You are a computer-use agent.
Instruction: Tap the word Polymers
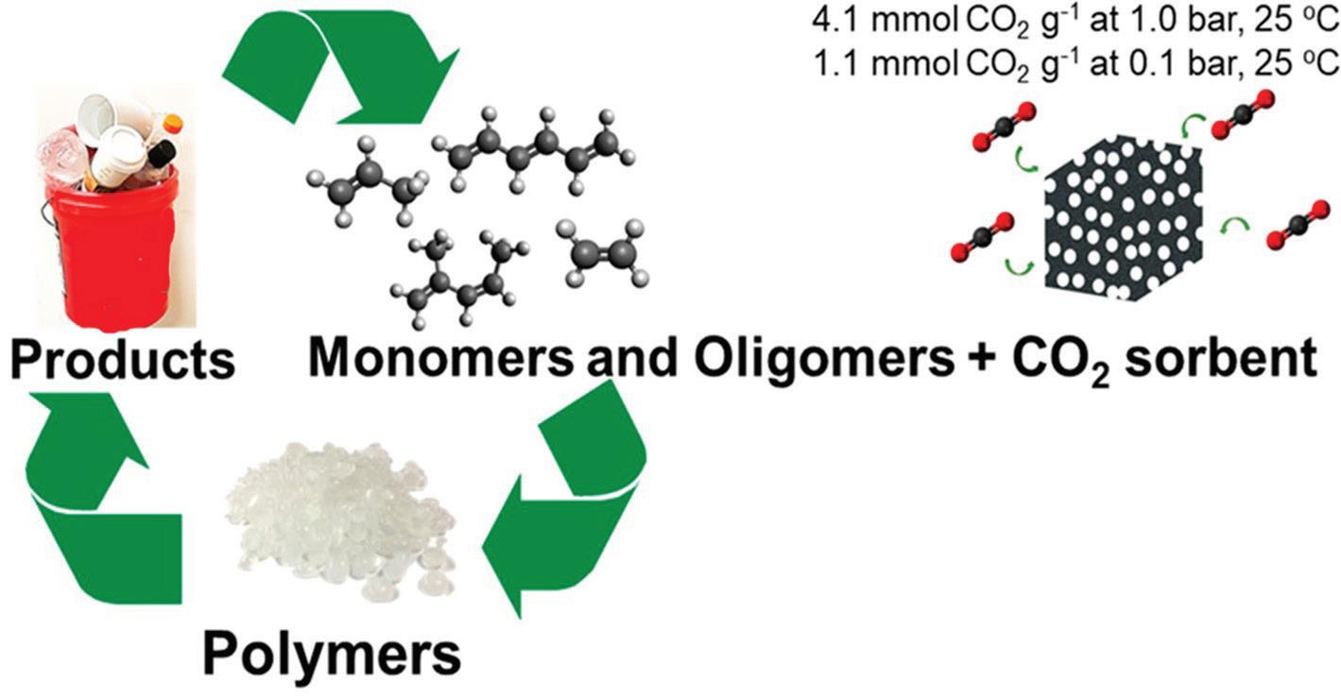[x=333, y=653]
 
